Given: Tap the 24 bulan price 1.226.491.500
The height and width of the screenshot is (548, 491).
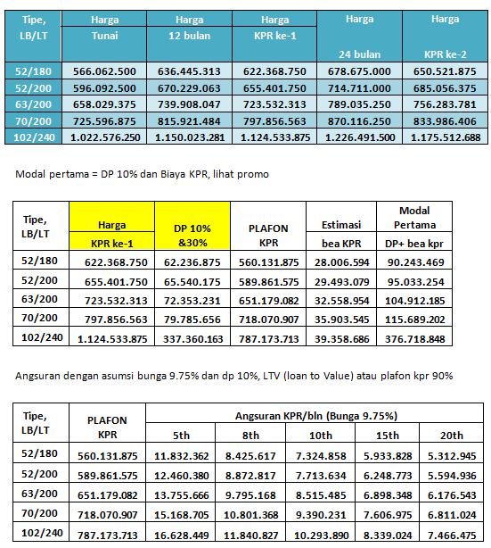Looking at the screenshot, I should pyautogui.click(x=358, y=137).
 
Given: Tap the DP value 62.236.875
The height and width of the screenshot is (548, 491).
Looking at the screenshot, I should pyautogui.click(x=192, y=260).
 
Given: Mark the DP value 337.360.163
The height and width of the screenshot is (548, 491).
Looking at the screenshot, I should pyautogui.click(x=192, y=338).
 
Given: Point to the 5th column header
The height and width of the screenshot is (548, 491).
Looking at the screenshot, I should pyautogui.click(x=182, y=435).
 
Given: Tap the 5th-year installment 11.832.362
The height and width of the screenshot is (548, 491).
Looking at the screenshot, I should pyautogui.click(x=182, y=455).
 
